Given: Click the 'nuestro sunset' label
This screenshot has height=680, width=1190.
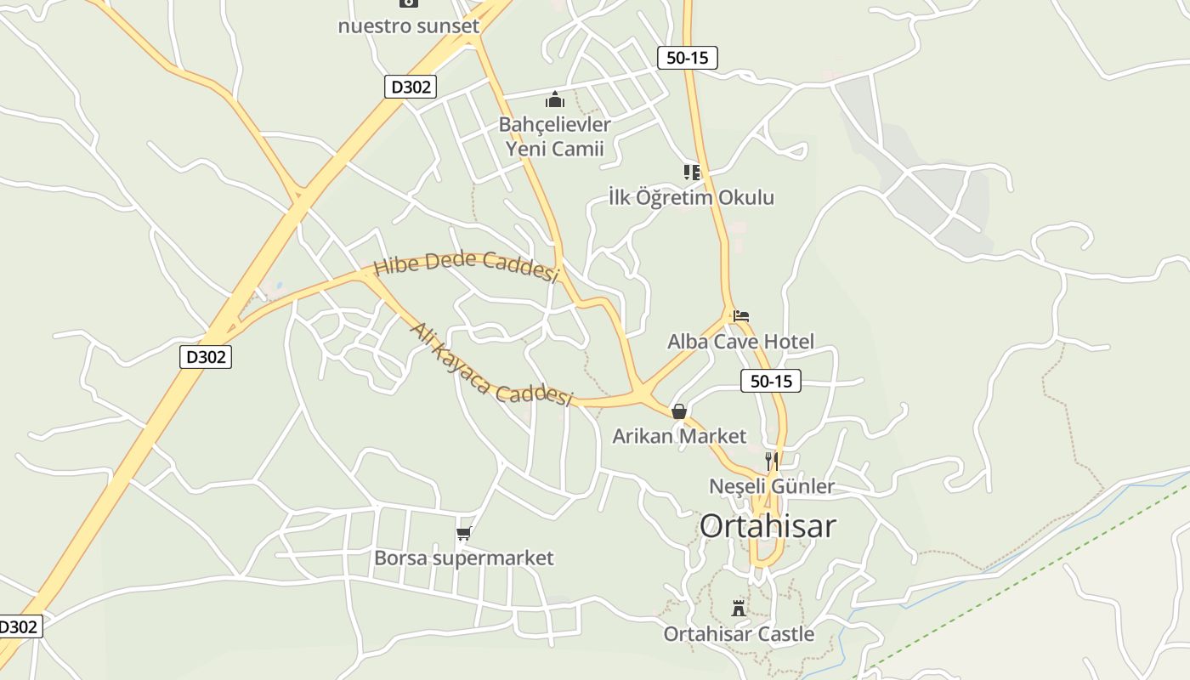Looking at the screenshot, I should point(408,25).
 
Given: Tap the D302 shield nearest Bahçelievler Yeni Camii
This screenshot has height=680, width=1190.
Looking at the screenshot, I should point(411,86).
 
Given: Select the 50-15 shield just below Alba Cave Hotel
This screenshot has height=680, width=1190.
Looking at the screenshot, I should point(771,381).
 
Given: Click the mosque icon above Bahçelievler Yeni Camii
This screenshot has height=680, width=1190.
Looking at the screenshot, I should point(555,100).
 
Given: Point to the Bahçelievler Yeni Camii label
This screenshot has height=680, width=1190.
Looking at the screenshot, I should point(554,137).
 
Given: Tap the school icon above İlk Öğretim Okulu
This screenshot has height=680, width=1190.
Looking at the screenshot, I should point(692,173).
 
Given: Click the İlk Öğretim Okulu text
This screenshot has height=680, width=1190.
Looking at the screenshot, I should point(691,198).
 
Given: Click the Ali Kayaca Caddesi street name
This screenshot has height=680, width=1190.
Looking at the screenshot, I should point(491,365).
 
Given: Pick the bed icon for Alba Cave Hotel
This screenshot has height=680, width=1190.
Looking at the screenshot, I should point(741,316).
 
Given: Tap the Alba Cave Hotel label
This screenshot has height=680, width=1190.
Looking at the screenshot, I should point(740,342).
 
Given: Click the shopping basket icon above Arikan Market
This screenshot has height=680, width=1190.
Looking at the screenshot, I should point(679,411).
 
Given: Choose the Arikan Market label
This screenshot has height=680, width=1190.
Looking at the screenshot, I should point(679,436).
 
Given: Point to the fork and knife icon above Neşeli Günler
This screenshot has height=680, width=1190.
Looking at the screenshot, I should point(772,462).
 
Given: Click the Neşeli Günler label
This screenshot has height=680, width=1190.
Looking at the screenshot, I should point(772,486).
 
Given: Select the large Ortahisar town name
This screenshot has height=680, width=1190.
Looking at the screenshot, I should point(768,526).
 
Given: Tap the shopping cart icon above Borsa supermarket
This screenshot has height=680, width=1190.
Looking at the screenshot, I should point(463,534).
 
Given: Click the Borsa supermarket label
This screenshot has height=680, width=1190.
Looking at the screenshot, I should point(463,558).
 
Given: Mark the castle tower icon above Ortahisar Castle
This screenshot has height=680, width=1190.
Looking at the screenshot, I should point(739,608).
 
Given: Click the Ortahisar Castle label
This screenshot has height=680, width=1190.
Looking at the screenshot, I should point(739,634).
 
